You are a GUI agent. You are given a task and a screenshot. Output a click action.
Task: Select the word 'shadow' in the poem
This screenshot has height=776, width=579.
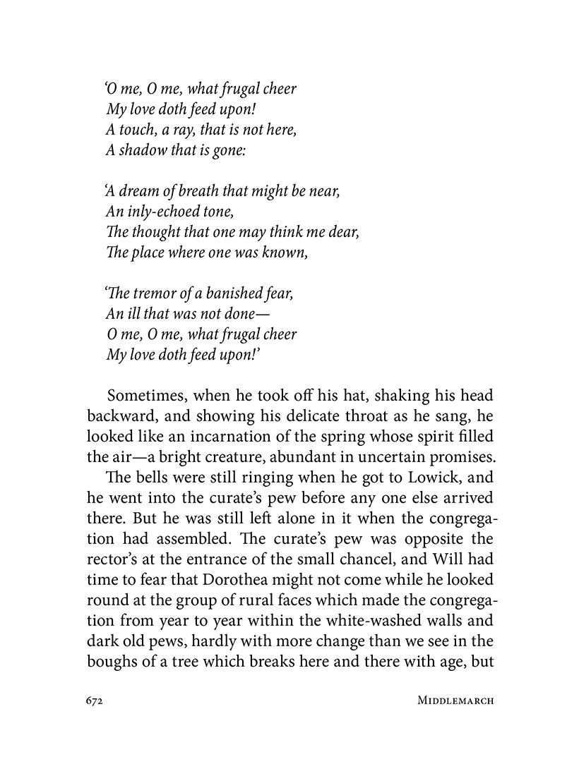(x=141, y=150)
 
